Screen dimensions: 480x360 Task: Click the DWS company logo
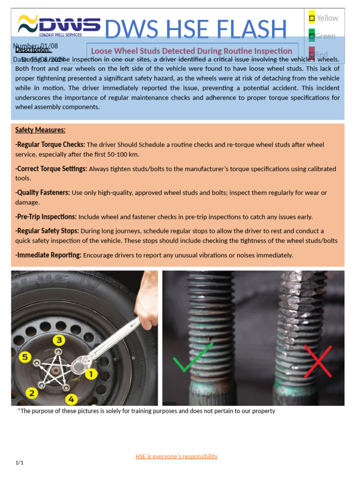pos(59,25)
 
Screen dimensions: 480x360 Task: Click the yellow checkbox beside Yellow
pos(312,18)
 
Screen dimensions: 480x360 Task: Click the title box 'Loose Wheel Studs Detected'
pos(192,51)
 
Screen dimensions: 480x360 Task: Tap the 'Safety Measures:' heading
pos(40,130)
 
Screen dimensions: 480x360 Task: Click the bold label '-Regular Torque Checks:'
pos(50,144)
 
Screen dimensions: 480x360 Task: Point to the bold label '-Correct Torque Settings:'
pos(51,169)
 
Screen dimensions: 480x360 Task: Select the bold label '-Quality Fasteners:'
pos(43,193)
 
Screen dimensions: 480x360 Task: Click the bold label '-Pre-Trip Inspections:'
pos(46,217)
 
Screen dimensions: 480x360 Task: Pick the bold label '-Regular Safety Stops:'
pos(47,231)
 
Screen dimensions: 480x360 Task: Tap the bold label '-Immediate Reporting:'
pos(48,255)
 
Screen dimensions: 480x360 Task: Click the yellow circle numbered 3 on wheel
pos(59,340)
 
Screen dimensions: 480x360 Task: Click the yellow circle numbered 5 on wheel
pos(25,358)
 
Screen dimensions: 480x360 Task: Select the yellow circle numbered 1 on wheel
pos(90,374)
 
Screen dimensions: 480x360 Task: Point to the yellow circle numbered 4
pos(71,399)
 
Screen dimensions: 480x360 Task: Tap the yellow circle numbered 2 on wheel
pos(31,392)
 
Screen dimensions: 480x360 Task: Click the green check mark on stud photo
pos(193,359)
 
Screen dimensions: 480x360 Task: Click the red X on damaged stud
pos(317,361)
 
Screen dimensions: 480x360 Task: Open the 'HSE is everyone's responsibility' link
pos(176,456)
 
